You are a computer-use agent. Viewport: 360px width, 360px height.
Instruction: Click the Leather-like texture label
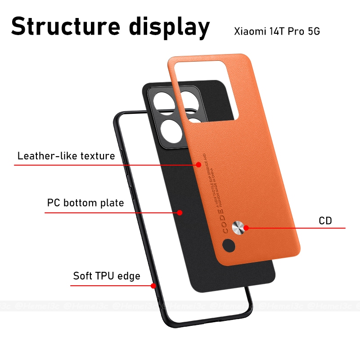(66, 156)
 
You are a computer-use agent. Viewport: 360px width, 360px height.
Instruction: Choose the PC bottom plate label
(85, 203)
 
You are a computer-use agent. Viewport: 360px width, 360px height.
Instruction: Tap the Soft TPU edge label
(107, 276)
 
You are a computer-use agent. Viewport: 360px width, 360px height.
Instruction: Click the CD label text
(325, 220)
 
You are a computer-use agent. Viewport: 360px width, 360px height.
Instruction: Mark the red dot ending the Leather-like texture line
(199, 165)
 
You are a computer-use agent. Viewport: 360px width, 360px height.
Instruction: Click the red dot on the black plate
(179, 212)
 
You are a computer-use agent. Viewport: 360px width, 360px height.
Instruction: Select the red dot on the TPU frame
(153, 285)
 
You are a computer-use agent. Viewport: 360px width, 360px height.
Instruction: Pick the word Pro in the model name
(295, 32)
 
